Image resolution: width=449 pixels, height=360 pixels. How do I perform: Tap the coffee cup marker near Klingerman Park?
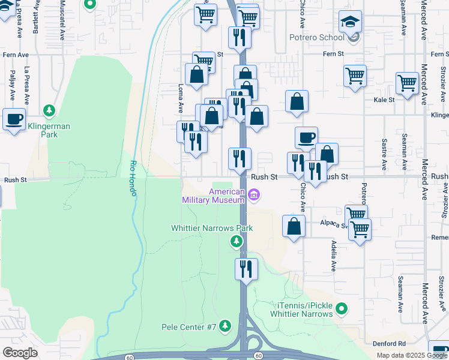14,118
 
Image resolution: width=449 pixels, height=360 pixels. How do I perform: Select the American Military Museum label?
214,196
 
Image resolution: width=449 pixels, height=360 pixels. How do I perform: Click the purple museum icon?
254,194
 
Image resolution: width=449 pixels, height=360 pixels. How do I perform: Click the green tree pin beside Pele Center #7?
225,326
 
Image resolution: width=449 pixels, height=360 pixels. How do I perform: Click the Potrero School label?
323,37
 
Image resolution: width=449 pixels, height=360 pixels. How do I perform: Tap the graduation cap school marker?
350,22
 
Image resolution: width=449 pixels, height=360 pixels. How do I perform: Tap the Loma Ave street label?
180,98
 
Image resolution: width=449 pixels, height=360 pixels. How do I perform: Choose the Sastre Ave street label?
384,155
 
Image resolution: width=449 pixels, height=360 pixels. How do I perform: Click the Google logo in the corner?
20,353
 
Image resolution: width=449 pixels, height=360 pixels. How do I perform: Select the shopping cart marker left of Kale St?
355,76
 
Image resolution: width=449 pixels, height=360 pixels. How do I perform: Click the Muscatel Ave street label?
62,19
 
